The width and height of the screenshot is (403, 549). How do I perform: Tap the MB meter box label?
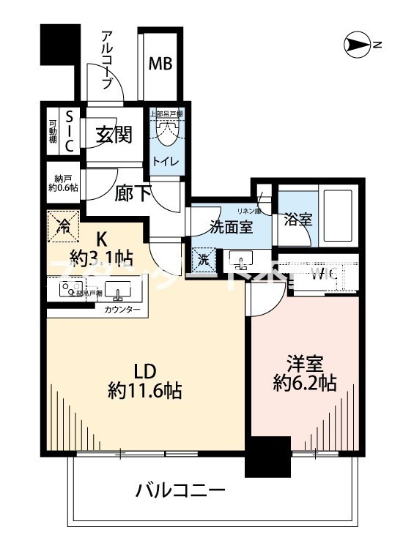pos(160,63)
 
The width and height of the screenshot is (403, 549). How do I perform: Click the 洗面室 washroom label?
pos(232,226)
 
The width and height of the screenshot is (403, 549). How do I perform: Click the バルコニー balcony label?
pos(180,490)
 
